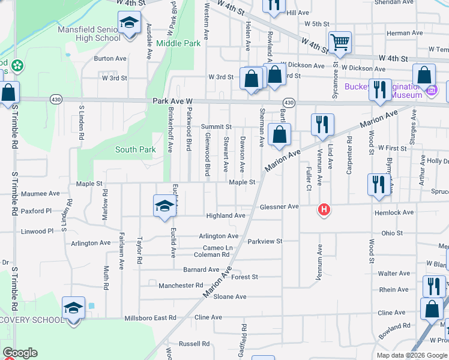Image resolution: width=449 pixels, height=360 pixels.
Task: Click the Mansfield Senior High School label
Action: [89, 34]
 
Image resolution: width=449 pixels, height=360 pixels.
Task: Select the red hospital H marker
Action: [324, 210]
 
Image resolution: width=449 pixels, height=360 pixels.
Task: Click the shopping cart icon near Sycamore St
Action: [340, 42]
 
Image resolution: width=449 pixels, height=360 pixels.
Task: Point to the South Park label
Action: [135, 149]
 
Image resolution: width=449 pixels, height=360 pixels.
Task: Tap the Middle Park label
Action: [178, 43]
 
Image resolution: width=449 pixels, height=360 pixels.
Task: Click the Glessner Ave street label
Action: [279, 206]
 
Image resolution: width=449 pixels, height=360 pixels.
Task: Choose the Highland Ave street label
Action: [226, 215]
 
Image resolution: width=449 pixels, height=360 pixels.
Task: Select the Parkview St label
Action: [265, 241]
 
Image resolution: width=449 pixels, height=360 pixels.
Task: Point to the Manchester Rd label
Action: [181, 286]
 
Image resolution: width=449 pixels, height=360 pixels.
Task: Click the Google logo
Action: [20, 353]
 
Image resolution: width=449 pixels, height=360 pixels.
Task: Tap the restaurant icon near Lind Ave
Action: [322, 124]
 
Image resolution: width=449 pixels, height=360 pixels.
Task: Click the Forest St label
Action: [244, 277]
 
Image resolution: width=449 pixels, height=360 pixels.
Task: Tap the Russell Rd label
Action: [197, 344]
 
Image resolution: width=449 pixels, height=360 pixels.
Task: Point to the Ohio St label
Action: [391, 233]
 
